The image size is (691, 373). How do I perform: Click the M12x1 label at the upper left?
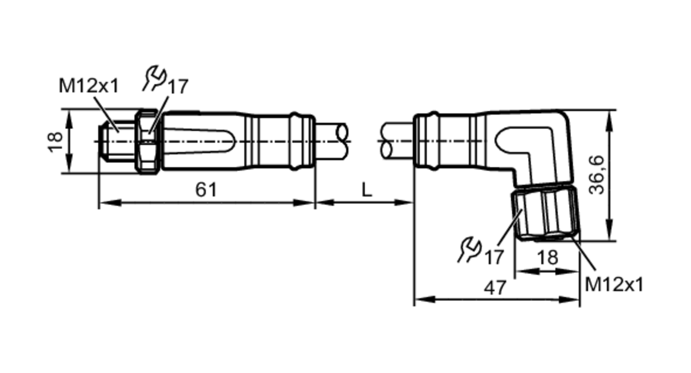click(x=89, y=86)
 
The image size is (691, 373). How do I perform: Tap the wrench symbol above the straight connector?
click(x=154, y=79)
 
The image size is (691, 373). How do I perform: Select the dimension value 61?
click(x=206, y=190)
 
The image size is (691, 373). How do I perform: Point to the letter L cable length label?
click(x=367, y=190)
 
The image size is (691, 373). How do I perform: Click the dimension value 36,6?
click(x=597, y=175)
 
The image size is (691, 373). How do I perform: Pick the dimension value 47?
click(x=495, y=288)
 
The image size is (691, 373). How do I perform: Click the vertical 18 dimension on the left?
click(x=55, y=142)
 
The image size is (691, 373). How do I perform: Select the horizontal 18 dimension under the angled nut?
click(x=548, y=258)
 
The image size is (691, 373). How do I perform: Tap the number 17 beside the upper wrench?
click(x=178, y=86)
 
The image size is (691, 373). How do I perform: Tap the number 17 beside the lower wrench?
click(x=494, y=257)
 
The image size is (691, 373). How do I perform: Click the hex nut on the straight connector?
click(x=148, y=142)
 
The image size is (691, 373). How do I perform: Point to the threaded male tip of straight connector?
click(x=117, y=142)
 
